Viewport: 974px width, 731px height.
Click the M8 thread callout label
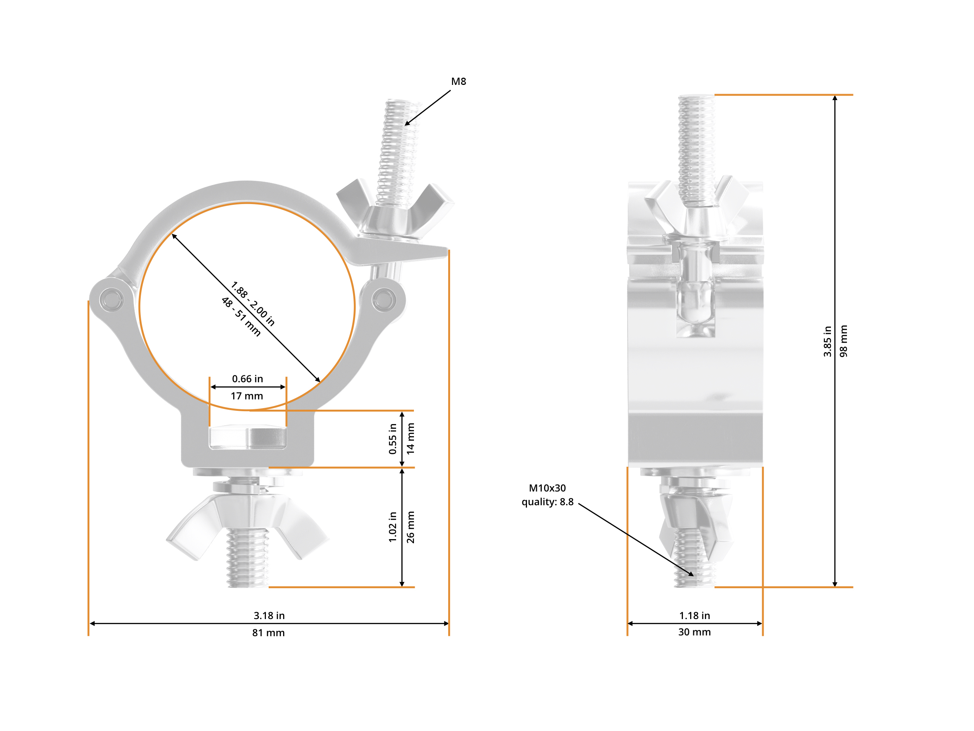(x=458, y=81)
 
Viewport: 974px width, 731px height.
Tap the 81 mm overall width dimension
(x=268, y=633)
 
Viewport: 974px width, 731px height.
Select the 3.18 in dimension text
(x=269, y=616)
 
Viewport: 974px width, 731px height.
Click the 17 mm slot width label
(x=247, y=396)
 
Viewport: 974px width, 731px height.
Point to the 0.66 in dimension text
(x=247, y=379)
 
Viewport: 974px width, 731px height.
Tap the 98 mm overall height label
(x=843, y=341)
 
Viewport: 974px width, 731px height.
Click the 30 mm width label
(x=694, y=632)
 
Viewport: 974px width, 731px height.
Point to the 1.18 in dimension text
(x=694, y=616)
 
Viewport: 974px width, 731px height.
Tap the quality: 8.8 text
(x=547, y=502)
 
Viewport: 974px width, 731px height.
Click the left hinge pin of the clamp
(x=111, y=300)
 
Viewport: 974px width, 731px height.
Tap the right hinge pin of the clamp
(x=384, y=300)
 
